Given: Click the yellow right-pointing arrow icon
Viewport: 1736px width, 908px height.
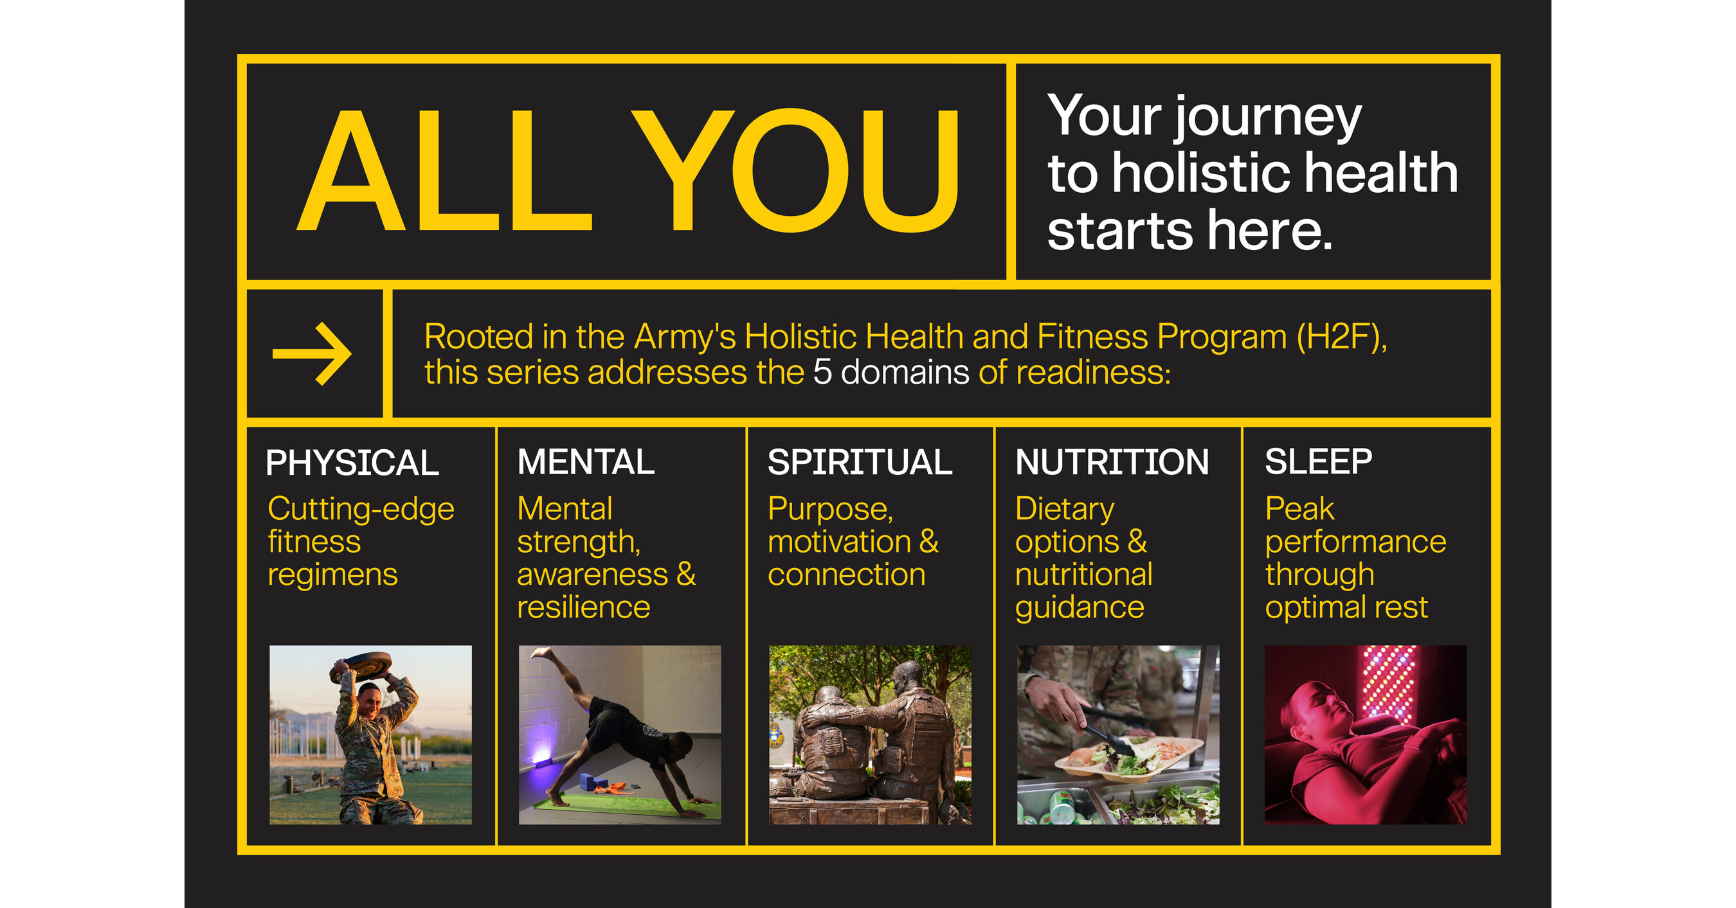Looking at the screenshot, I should [312, 353].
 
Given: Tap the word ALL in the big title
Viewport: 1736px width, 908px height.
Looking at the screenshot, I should [445, 172].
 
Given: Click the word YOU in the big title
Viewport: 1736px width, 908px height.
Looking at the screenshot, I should [795, 172].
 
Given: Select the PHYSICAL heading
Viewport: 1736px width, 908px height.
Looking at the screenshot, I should [352, 463].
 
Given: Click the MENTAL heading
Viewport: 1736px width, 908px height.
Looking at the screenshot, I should [586, 463].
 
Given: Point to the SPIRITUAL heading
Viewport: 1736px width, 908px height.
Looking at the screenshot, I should [859, 463].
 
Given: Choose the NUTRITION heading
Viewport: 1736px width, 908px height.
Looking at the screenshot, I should [1112, 463].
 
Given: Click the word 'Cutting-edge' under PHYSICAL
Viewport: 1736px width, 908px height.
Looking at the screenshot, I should [361, 509].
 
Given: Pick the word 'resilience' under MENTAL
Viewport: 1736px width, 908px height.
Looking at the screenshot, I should [584, 607].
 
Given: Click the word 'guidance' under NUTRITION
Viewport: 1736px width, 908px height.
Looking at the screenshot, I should [1080, 607].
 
